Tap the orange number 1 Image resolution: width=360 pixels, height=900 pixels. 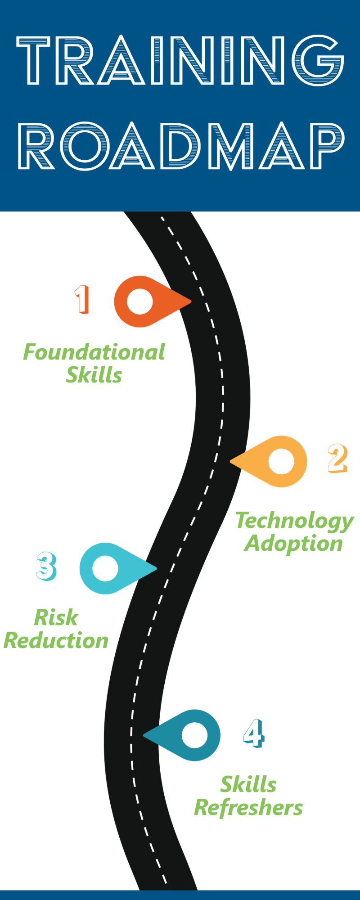(x=82, y=299)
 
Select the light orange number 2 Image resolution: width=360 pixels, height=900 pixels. (x=337, y=458)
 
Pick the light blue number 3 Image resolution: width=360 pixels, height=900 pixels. (x=46, y=566)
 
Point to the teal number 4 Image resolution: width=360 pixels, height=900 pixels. (x=254, y=733)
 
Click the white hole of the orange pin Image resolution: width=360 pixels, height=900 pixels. (x=140, y=301)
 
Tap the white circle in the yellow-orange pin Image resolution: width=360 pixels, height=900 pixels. (x=281, y=461)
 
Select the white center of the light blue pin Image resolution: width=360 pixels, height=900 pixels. (x=105, y=568)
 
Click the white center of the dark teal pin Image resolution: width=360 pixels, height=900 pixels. (x=194, y=735)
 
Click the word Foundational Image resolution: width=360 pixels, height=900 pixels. (x=94, y=352)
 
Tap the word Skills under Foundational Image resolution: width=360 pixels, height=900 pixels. (x=94, y=375)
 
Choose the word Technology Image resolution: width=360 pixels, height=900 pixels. (x=295, y=521)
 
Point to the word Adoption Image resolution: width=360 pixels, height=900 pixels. (x=294, y=544)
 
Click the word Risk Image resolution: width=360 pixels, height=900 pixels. (x=56, y=617)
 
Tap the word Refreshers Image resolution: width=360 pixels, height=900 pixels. (x=248, y=808)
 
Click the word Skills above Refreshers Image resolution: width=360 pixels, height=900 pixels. (x=248, y=785)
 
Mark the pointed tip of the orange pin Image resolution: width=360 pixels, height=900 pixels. (x=191, y=301)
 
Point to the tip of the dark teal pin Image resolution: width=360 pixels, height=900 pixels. (x=144, y=735)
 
